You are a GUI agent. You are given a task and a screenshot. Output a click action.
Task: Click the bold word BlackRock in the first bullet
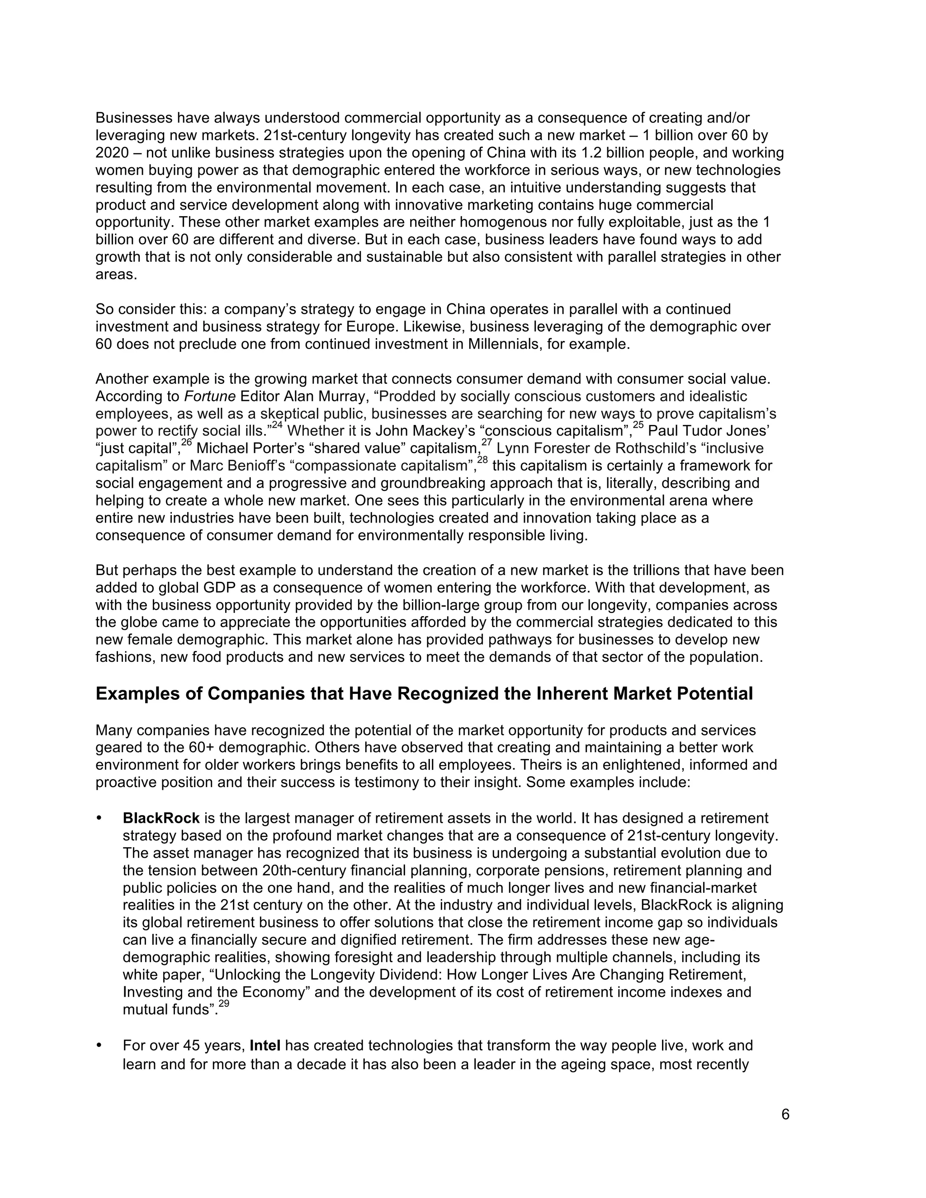click(x=161, y=818)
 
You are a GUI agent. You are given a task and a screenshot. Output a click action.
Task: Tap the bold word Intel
click(x=265, y=1046)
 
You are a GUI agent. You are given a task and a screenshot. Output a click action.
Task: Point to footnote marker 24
click(x=277, y=426)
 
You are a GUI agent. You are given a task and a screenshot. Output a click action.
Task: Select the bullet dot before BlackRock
click(x=100, y=818)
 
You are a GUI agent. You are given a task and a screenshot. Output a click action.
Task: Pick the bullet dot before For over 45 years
click(x=100, y=1046)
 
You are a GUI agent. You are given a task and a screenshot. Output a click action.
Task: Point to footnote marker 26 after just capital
click(x=187, y=443)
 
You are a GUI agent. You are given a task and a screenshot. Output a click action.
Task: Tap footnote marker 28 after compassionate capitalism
click(x=482, y=460)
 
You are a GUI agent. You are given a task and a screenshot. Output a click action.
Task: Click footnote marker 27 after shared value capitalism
click(x=487, y=443)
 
